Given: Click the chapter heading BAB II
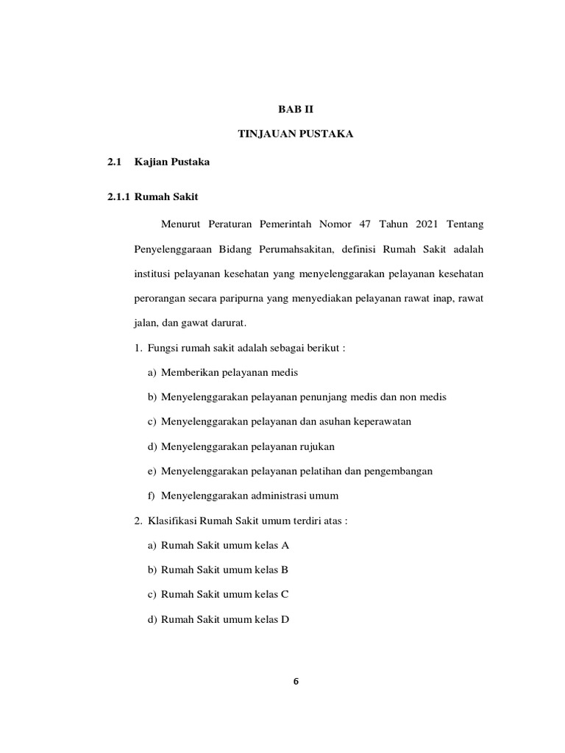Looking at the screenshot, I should click(295, 109).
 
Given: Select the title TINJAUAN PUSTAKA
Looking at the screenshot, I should click(295, 135).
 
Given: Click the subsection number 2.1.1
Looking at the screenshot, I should click(118, 197).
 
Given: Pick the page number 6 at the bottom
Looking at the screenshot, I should click(295, 681).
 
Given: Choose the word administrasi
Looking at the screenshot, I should click(280, 496).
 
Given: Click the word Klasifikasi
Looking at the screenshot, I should click(170, 521).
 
